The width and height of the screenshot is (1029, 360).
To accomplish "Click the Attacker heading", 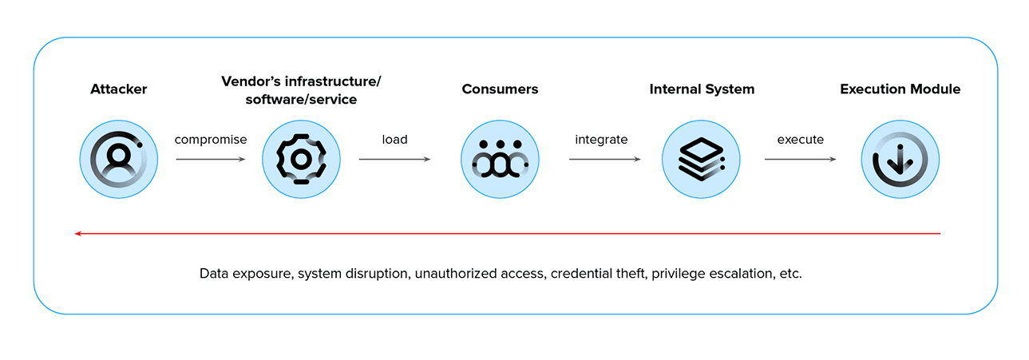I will pos(118,89).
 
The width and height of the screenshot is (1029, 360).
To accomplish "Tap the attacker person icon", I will pos(118,160).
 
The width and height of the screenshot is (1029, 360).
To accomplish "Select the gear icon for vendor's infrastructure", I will pos(300,160).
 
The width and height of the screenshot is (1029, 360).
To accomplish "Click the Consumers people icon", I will pos(500,160).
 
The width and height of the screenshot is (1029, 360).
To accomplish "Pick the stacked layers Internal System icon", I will pos(701,160).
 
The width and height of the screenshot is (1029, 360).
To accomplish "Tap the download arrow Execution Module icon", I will pos(900,160).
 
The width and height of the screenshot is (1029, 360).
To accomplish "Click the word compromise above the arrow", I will pos(211,140).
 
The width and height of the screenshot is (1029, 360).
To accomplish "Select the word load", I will pos(394,140).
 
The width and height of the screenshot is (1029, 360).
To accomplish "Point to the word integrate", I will pos(601,140).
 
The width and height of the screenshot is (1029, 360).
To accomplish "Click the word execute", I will pos(800,140).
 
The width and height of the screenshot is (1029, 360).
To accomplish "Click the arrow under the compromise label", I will pos(211,160).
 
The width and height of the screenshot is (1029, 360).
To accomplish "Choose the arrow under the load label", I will pos(394,160).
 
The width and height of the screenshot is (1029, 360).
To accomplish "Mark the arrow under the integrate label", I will pos(604,160).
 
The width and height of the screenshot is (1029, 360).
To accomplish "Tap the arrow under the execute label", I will pos(800,160).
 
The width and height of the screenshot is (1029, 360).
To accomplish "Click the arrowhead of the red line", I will pos(77,234).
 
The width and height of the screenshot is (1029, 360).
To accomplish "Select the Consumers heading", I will pos(500,89).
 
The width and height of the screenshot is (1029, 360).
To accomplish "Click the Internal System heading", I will pos(701,89).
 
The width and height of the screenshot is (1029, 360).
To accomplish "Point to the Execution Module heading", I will pos(900,89).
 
